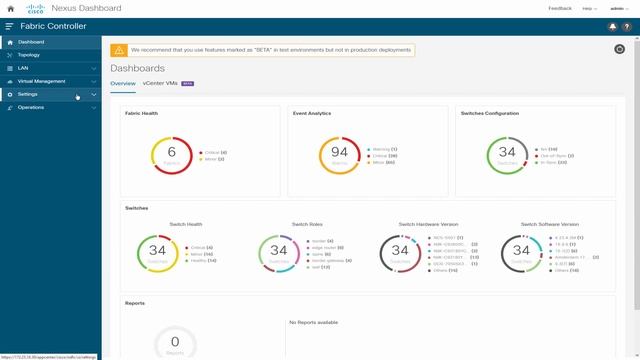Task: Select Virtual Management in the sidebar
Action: pos(41,81)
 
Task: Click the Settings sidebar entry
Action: pos(27,94)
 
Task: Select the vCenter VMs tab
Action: pos(159,83)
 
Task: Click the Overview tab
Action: pos(123,83)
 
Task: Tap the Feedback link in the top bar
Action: pos(560,8)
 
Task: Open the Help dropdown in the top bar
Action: pos(590,8)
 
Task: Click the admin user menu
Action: pos(621,8)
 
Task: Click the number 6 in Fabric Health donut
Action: pos(171,151)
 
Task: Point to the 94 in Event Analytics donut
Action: pos(339,151)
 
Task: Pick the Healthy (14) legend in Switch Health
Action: pos(202,259)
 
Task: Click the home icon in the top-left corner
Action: pos(10,8)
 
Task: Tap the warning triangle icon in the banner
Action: pos(119,49)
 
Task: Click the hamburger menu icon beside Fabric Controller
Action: pos(10,26)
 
